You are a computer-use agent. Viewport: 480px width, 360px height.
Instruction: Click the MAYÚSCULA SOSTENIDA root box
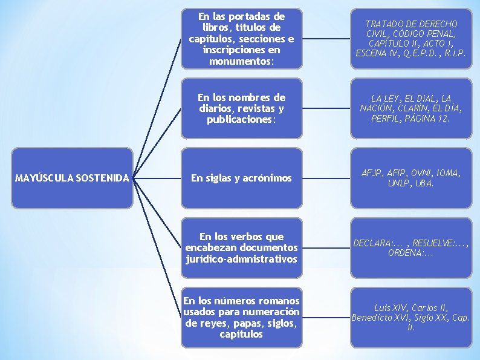coord(72,178)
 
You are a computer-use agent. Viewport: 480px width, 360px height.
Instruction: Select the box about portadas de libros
coord(241,38)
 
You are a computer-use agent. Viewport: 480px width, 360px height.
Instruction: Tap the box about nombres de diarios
coord(241,108)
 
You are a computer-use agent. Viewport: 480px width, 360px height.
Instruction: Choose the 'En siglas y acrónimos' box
coord(241,178)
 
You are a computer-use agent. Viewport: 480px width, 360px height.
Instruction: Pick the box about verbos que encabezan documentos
coord(241,248)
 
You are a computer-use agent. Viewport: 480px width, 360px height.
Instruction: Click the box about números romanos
coord(241,318)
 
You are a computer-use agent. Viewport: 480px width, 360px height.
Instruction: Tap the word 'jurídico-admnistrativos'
coord(241,259)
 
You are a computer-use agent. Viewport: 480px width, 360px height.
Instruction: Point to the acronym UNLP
coord(399,183)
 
